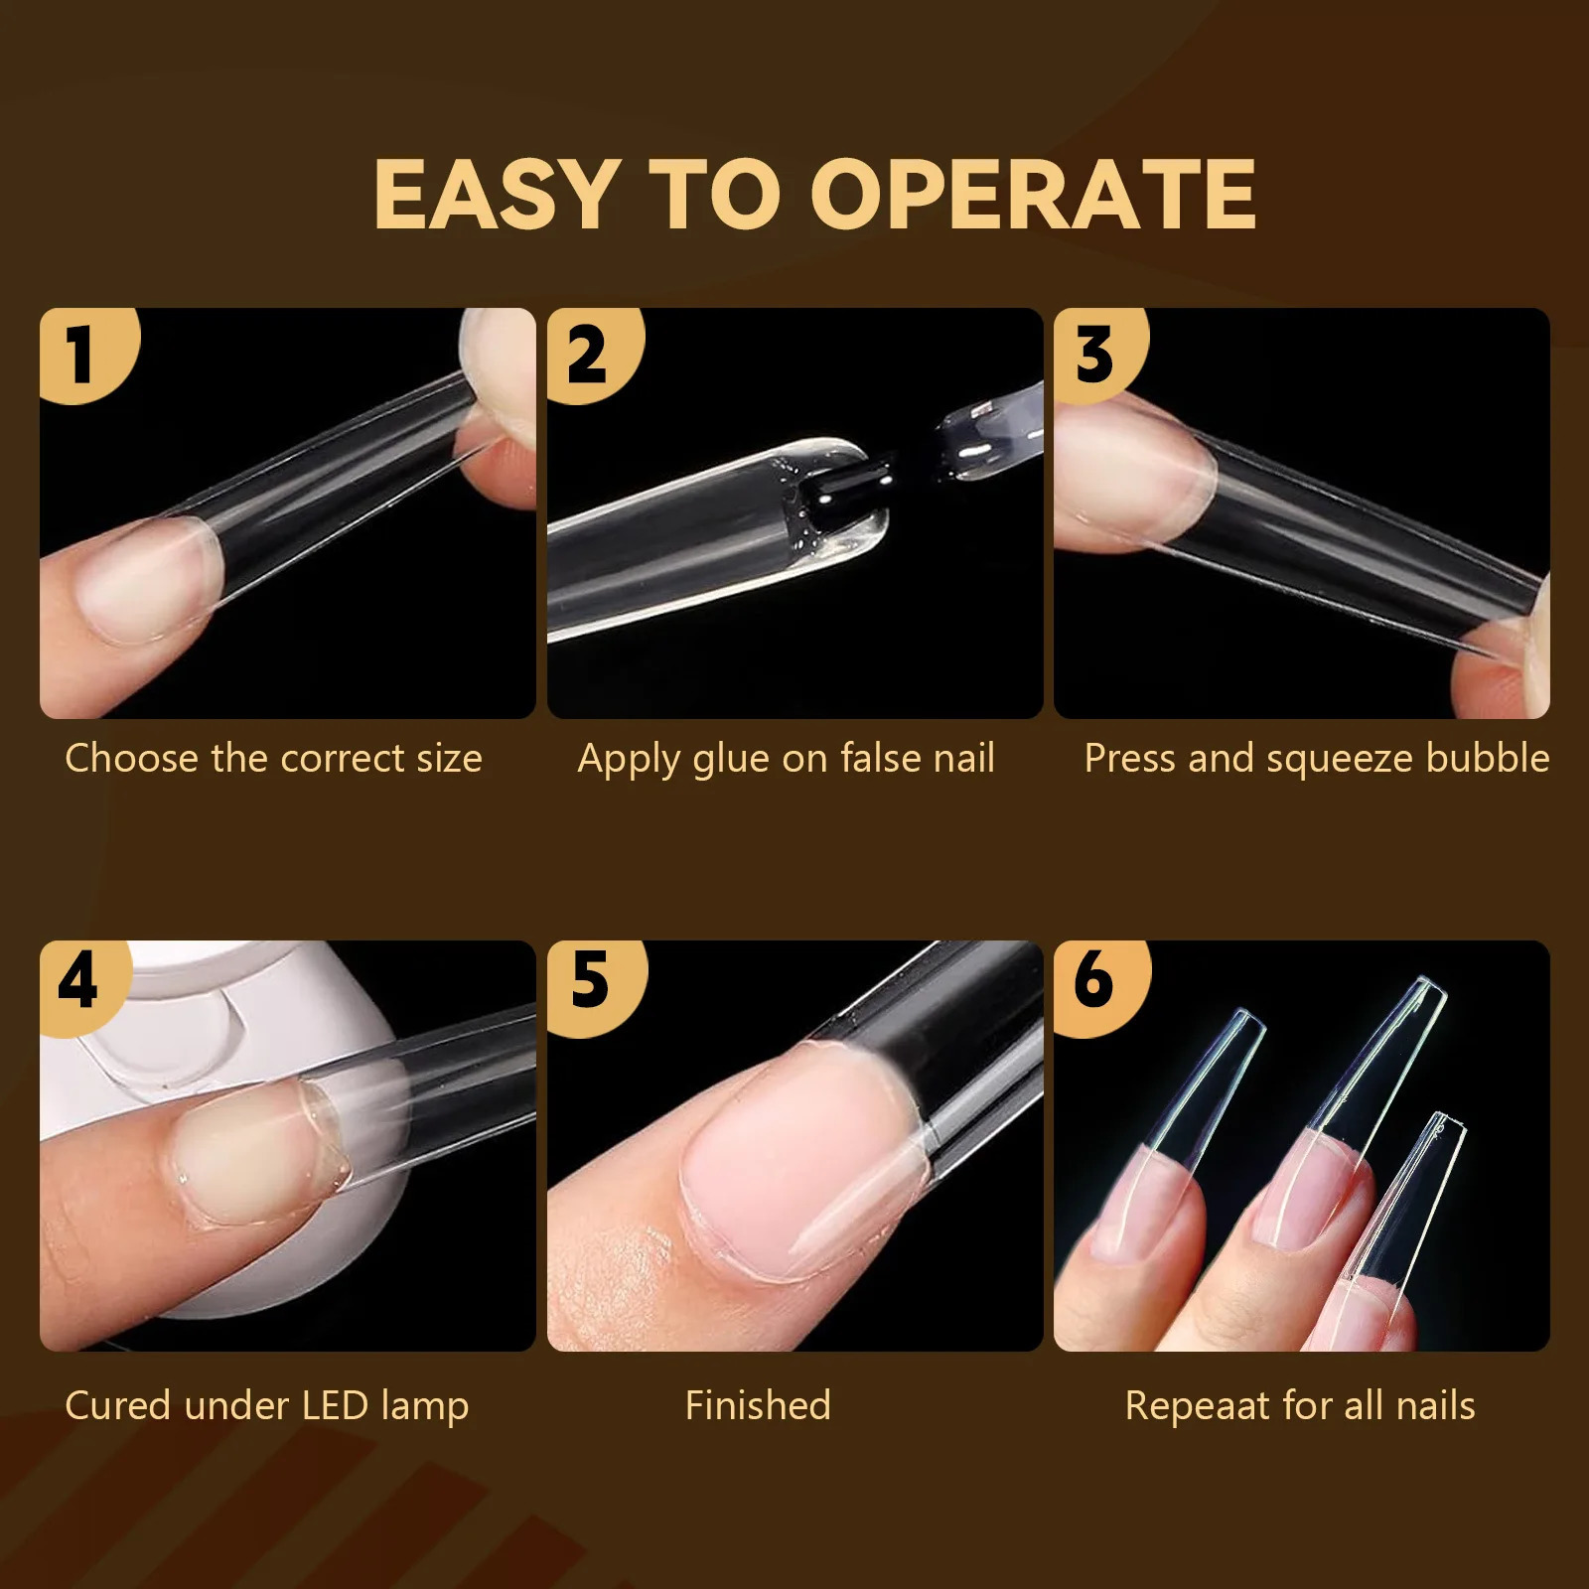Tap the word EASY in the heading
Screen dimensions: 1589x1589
(x=494, y=195)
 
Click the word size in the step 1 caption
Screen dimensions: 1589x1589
(x=449, y=760)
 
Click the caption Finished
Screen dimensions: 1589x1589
(x=758, y=1405)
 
